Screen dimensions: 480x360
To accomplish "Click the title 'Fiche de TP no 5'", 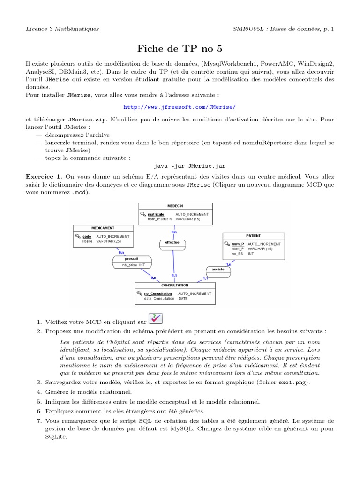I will tap(180, 48).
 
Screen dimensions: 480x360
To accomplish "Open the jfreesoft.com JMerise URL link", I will tap(180, 107).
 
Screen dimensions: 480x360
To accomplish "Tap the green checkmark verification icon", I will tap(155, 319).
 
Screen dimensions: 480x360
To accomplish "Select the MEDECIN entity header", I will tap(175, 206).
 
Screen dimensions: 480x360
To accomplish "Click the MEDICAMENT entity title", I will tap(103, 228).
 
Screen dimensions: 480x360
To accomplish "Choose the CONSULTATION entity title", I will tap(175, 285).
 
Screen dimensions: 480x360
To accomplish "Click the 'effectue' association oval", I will tap(172, 243).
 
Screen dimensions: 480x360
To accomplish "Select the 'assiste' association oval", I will tap(217, 270).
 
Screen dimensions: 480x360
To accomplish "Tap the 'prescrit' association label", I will tap(132, 258).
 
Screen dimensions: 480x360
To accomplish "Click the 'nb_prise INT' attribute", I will tap(133, 265).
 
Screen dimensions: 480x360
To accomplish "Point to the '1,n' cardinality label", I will tap(228, 264).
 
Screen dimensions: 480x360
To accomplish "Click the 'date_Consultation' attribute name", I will tap(156, 298).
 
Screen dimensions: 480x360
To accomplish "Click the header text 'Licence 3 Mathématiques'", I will tap(62, 29).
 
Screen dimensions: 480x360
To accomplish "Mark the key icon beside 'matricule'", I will tap(143, 214).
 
